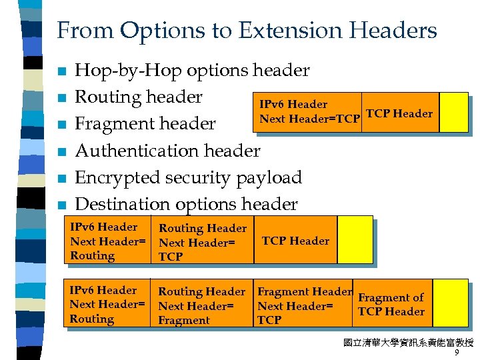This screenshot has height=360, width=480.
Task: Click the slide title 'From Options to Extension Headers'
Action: (247, 30)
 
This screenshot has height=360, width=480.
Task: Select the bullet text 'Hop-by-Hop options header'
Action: (192, 70)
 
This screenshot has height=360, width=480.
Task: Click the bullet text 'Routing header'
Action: (139, 97)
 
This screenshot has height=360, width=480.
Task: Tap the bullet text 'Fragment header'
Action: (145, 123)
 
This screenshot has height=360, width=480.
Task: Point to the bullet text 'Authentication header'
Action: (167, 151)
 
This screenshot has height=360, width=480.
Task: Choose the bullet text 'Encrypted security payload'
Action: (188, 177)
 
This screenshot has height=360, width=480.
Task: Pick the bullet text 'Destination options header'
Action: (186, 204)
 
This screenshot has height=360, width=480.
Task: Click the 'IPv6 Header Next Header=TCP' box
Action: (309, 112)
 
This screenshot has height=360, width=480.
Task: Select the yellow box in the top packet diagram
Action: (453, 112)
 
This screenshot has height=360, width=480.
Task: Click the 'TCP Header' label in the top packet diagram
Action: (400, 113)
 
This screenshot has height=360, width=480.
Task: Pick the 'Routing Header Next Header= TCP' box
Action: (201, 242)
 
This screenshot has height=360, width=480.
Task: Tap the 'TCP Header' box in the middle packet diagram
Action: (295, 241)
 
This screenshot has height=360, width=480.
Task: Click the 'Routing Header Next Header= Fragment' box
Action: (201, 305)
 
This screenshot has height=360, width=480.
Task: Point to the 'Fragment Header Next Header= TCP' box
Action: (303, 305)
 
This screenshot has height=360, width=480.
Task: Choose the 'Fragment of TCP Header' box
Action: (391, 305)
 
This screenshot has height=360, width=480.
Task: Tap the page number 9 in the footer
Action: (456, 354)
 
